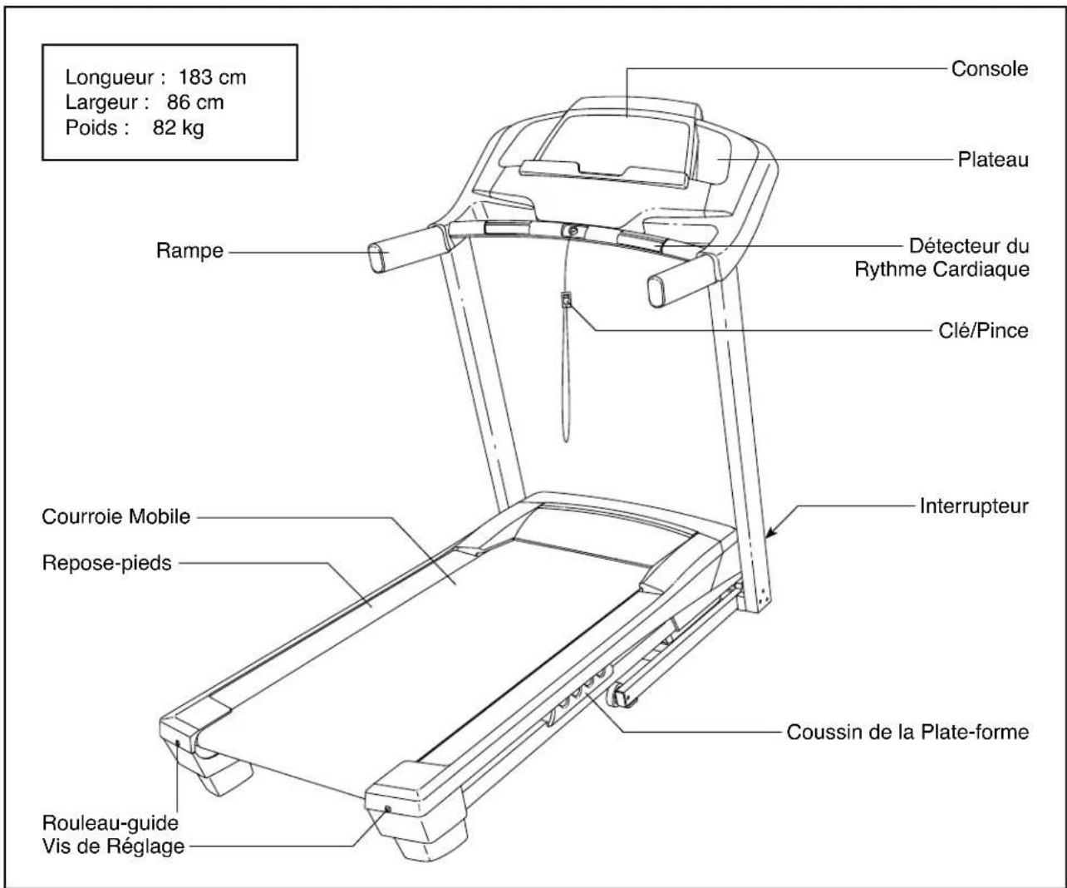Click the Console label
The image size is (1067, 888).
[x=989, y=69]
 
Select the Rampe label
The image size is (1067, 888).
[x=189, y=250]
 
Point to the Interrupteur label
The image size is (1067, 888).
[x=974, y=506]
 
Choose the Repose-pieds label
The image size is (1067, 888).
[x=106, y=564]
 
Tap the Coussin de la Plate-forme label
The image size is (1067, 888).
[x=907, y=733]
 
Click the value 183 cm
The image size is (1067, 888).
[x=213, y=79]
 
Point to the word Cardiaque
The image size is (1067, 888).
[x=984, y=270]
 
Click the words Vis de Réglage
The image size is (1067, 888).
[x=115, y=847]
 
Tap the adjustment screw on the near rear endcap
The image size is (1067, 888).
[x=387, y=808]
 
